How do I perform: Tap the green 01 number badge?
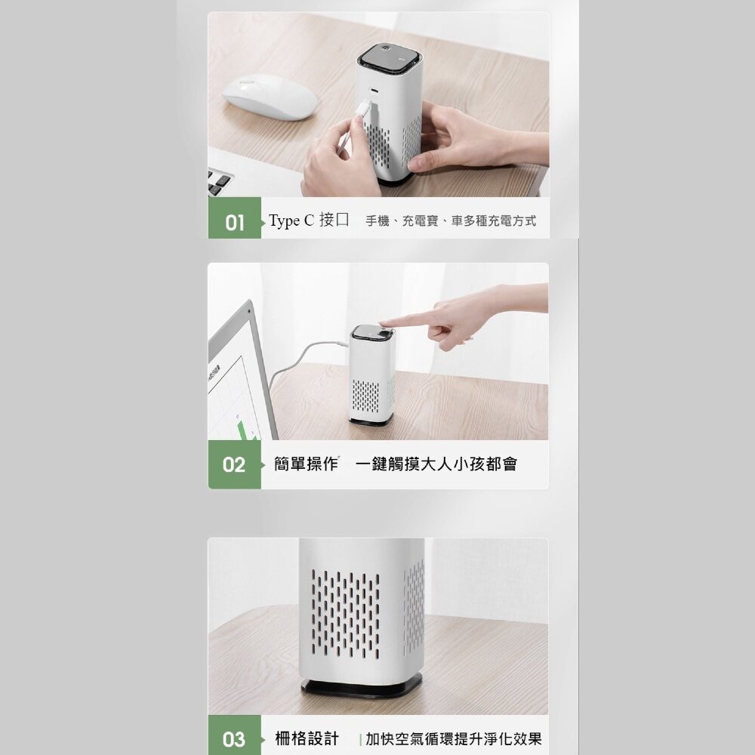coord(235,223)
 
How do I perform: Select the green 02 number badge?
coord(234,464)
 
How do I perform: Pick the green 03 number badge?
coord(234,739)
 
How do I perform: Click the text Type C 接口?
coord(309,221)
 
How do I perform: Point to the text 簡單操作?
coord(306,464)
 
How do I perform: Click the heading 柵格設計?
coord(306,738)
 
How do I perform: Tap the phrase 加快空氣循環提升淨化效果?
coord(453,738)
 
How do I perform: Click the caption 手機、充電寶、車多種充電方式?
coord(451,221)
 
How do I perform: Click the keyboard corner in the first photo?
coord(220,182)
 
